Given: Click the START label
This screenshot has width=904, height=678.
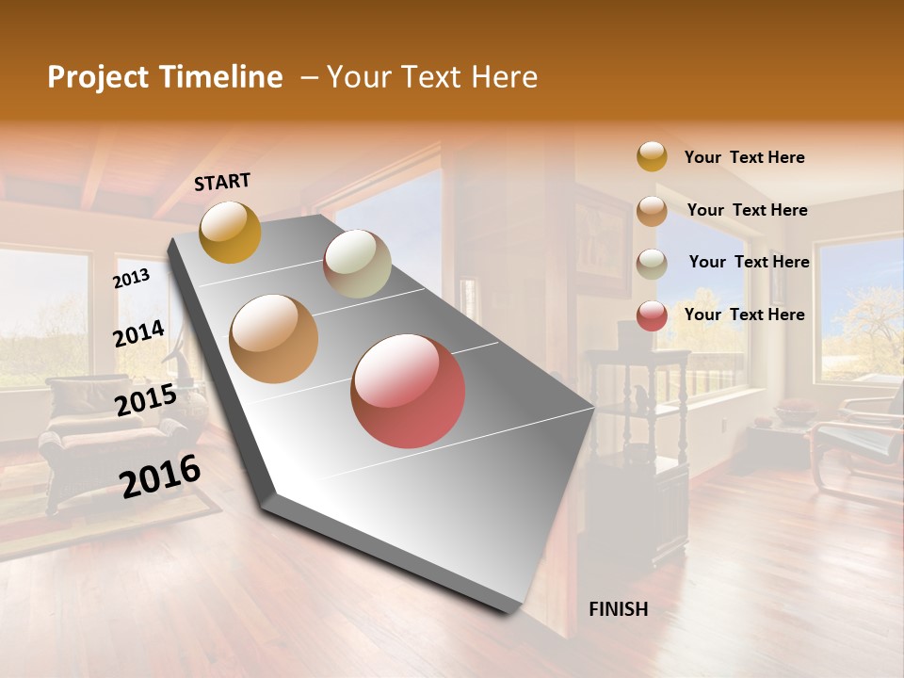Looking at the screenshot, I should [222, 182].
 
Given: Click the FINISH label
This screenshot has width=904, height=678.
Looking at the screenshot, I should [618, 609].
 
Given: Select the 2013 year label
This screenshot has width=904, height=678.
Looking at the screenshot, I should [131, 278].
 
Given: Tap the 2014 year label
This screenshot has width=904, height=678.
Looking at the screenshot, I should [138, 333].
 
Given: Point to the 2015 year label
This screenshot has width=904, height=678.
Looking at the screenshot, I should [145, 400].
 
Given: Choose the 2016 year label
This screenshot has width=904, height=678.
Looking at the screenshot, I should [160, 476].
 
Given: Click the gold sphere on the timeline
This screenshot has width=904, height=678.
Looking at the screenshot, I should [230, 232].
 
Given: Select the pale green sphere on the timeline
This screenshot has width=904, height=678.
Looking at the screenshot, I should [357, 264].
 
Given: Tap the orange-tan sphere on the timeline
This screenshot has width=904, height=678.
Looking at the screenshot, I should [273, 339].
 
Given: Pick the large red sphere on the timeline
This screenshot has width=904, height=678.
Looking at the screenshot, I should [408, 391].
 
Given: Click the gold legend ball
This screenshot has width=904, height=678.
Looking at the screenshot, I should [652, 156].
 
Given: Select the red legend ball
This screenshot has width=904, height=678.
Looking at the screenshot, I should [652, 315].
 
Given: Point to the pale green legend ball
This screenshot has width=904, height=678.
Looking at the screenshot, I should [652, 263].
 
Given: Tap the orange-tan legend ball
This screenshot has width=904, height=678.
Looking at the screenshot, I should [652, 210].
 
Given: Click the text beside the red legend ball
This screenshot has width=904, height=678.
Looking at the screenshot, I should [744, 315].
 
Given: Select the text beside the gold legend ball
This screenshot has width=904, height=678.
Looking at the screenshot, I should [744, 157].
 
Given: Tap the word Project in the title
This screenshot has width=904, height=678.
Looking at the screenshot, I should [95, 77].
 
